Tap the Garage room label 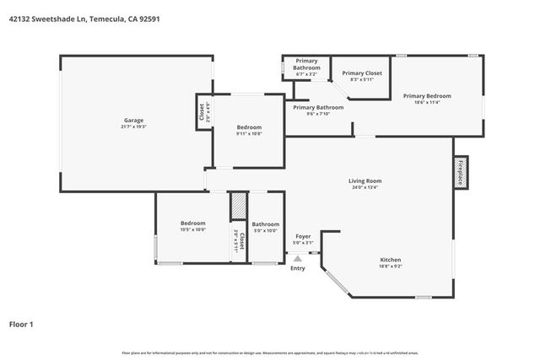click(x=134, y=120)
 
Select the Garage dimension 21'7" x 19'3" click(x=134, y=126)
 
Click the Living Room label click(x=365, y=180)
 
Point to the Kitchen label click(x=390, y=259)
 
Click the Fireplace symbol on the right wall click(x=461, y=171)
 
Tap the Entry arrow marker click(x=298, y=259)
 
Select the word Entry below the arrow click(x=298, y=269)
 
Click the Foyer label click(x=303, y=236)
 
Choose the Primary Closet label click(x=362, y=73)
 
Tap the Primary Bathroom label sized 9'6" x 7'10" click(x=318, y=107)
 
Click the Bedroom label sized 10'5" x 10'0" click(x=192, y=223)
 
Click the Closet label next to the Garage click(x=201, y=111)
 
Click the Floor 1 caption click(x=21, y=324)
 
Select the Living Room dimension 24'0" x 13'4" click(x=365, y=187)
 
